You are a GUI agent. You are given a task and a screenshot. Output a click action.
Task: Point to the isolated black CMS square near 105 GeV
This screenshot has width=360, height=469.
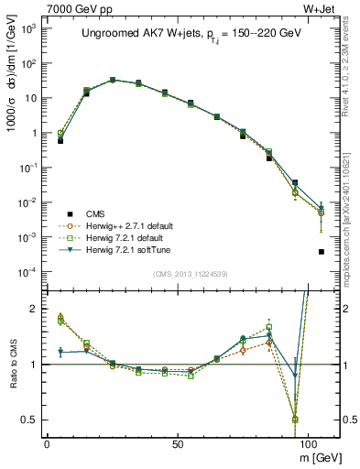pyautogui.click(x=321, y=252)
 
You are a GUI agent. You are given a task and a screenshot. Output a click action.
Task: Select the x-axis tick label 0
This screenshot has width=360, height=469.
pyautogui.click(x=47, y=443)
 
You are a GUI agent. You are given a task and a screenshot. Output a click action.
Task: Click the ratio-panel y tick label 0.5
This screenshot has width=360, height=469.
pyautogui.click(x=29, y=420)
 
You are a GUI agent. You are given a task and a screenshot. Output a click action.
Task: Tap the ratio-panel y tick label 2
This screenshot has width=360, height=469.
pyautogui.click(x=33, y=309)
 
